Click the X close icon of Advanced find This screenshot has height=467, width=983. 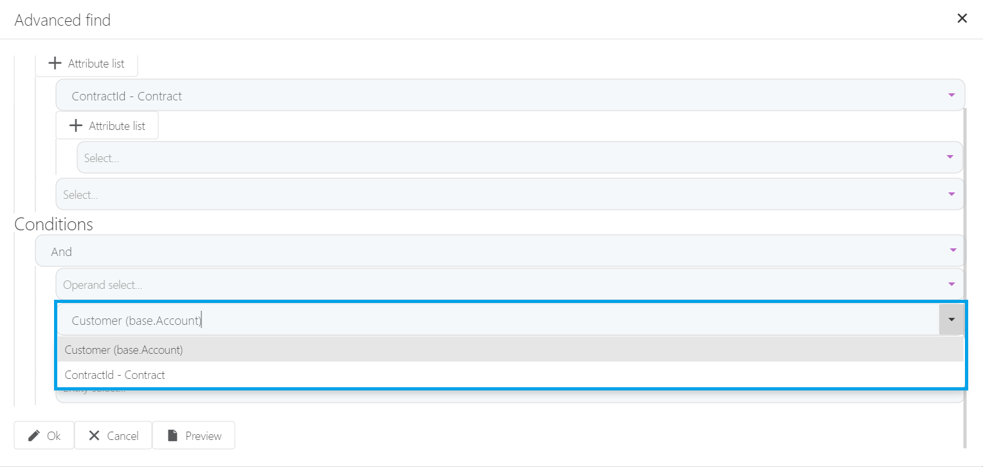tap(962, 19)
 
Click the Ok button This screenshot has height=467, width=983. tap(44, 435)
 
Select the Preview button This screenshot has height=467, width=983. tap(194, 435)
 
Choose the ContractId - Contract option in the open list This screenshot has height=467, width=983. tap(115, 375)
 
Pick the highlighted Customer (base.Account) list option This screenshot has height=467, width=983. tap(124, 350)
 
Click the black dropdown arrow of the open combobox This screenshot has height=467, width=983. tap(951, 320)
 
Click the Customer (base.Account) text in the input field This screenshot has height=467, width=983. tap(136, 320)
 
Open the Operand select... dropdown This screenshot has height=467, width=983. tap(502, 284)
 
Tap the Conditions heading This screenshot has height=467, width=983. tap(53, 224)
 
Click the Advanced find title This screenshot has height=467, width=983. tap(62, 20)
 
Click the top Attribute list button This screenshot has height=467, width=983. tap(86, 64)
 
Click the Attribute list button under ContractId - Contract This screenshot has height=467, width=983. tap(107, 126)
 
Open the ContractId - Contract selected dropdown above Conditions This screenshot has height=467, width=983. tap(502, 96)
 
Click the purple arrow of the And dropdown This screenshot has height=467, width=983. tap(951, 251)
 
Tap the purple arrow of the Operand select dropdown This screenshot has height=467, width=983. tap(951, 284)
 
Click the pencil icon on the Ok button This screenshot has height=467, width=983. tap(34, 435)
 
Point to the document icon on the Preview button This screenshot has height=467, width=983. tap(172, 435)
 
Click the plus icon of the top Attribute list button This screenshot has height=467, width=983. tap(56, 64)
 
